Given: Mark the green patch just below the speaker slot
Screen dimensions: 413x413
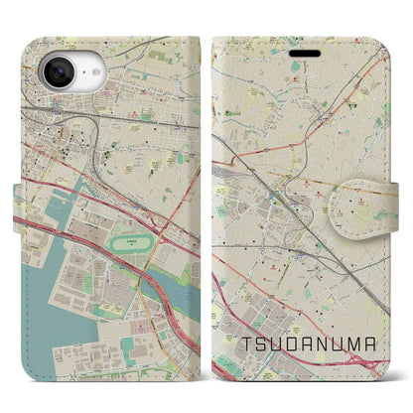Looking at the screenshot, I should [x=299, y=68].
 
